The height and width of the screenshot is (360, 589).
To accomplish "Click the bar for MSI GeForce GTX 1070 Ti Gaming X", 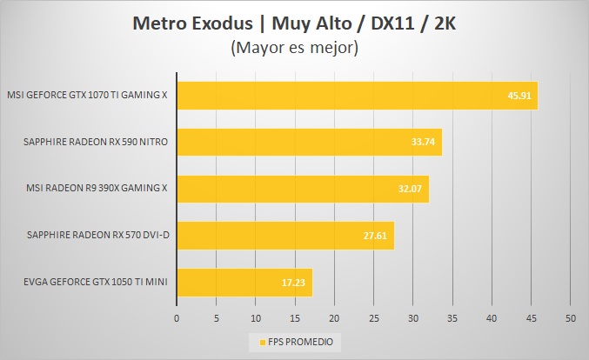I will click(357, 95).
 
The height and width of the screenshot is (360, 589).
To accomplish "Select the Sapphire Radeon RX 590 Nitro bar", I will click(309, 141).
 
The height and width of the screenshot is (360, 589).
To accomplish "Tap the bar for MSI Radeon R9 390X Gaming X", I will click(302, 188).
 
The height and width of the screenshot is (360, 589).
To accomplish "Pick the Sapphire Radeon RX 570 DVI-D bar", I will click(284, 235).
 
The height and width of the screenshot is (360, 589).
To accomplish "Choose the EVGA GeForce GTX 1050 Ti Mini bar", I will click(244, 282).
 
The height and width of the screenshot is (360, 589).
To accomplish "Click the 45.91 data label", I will click(519, 95).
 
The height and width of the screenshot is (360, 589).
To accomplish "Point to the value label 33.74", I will click(424, 141).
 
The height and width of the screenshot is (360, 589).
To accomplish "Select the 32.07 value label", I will click(411, 188).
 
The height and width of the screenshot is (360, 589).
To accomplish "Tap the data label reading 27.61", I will click(376, 235).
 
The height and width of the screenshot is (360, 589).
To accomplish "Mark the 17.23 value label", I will click(294, 282).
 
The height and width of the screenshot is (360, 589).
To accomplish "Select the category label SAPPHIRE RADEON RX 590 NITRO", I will click(97, 141).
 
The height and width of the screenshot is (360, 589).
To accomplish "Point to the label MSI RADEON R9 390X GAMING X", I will click(97, 188).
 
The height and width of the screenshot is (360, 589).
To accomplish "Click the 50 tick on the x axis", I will click(571, 319).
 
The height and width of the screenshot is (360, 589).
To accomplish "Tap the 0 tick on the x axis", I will click(177, 319).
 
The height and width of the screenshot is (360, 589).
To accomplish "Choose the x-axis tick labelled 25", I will click(373, 319).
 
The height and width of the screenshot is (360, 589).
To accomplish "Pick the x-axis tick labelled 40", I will click(492, 319).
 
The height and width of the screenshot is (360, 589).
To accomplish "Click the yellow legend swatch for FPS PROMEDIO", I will click(253, 342).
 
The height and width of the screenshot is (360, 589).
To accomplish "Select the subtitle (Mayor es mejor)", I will click(294, 48).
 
